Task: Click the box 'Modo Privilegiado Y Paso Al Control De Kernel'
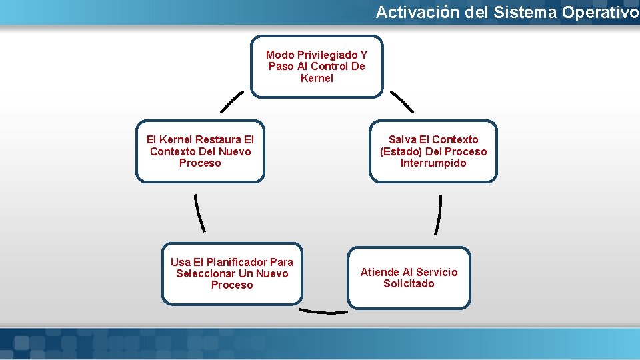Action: [x=317, y=67]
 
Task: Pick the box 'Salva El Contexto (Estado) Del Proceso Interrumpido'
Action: [x=433, y=151]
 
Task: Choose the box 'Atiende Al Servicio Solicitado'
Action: [x=409, y=278]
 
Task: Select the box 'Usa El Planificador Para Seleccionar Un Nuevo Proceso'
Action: [x=232, y=273]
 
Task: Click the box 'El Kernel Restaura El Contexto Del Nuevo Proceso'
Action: [x=200, y=151]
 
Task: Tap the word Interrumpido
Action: [x=433, y=163]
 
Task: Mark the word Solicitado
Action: [x=409, y=284]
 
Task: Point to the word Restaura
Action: [x=218, y=139]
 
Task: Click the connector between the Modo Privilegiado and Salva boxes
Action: [x=402, y=102]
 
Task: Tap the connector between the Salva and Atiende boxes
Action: [x=438, y=214]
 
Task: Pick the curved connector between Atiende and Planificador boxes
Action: [x=323, y=311]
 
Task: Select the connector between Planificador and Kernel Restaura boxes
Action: [x=199, y=212]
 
